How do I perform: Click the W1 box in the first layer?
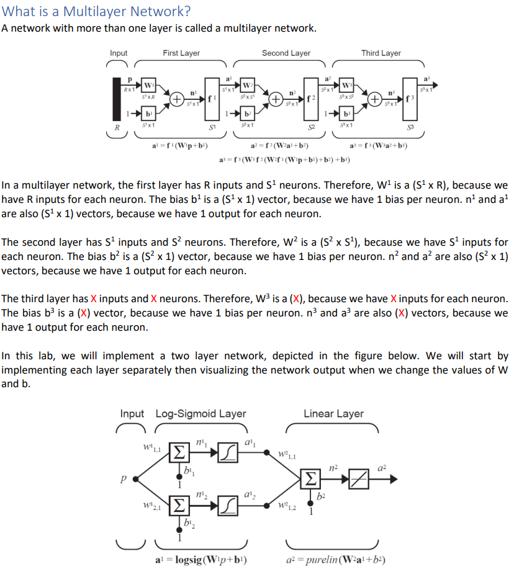click(148, 85)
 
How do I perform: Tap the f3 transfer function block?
click(409, 97)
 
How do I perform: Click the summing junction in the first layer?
click(176, 99)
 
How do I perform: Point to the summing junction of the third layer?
click(375, 99)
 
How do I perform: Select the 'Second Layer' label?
click(286, 53)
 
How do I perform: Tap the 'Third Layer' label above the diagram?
click(381, 53)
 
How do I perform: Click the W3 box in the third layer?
click(347, 85)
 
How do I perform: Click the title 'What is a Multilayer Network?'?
click(96, 12)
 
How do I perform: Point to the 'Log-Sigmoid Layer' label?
click(201, 414)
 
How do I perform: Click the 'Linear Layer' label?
click(333, 414)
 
